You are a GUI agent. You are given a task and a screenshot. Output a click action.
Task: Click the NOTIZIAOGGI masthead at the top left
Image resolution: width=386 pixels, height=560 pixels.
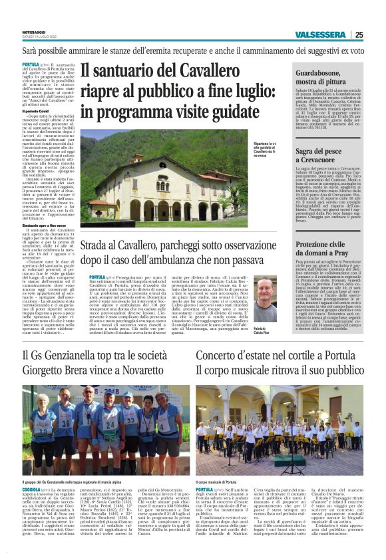(35, 32)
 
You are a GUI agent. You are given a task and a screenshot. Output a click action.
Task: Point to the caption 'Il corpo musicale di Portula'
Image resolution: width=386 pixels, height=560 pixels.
(220, 481)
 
